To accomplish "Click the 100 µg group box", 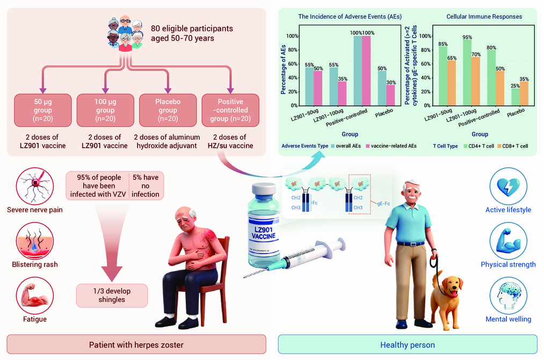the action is pyautogui.click(x=105, y=110).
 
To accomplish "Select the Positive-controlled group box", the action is pyautogui.click(x=230, y=110).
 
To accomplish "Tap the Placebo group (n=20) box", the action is pyautogui.click(x=168, y=110).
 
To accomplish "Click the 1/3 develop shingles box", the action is pyautogui.click(x=112, y=296).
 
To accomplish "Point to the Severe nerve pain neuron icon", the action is pyautogui.click(x=35, y=186).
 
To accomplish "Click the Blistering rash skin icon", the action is pyautogui.click(x=35, y=241).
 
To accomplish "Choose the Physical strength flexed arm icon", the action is pyautogui.click(x=508, y=241).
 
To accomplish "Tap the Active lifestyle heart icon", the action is pyautogui.click(x=508, y=186).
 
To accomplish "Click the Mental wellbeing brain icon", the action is pyautogui.click(x=508, y=296).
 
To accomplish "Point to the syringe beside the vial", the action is pyautogui.click(x=295, y=257).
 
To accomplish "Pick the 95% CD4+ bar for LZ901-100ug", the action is pyautogui.click(x=467, y=72).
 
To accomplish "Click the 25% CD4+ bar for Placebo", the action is pyautogui.click(x=515, y=97).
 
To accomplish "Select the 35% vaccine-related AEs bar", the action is pyautogui.click(x=342, y=93).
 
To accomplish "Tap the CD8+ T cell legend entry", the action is pyautogui.click(x=512, y=146).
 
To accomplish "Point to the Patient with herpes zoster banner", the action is pyautogui.click(x=136, y=344).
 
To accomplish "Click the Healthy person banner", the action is pyautogui.click(x=408, y=344).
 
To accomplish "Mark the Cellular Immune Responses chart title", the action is pyautogui.click(x=484, y=17).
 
